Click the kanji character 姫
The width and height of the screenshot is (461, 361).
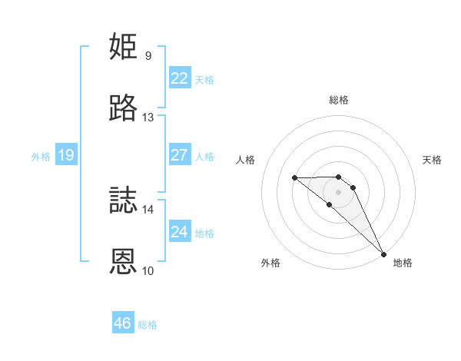[x=124, y=46]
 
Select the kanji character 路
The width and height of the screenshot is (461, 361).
[x=124, y=108]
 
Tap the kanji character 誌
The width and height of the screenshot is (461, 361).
[x=124, y=200]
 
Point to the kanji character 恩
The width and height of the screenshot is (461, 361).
[x=124, y=261]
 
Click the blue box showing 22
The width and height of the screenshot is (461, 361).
[x=179, y=78]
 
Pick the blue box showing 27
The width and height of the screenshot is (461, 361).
[x=179, y=154]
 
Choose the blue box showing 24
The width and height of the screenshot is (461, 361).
[x=179, y=231]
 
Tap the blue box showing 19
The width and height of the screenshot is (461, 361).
[x=65, y=155]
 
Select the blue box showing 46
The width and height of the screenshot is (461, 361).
[x=123, y=323]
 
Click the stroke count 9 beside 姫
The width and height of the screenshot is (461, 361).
[x=148, y=55]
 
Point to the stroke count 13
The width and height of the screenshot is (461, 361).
[x=148, y=118]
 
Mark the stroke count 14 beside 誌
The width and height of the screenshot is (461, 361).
[x=148, y=209]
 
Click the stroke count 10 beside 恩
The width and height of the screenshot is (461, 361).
[x=148, y=270]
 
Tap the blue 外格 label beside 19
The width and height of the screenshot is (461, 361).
[x=41, y=157]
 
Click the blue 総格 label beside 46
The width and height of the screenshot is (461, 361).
[x=148, y=325]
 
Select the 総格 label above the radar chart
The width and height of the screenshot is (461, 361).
[x=339, y=100]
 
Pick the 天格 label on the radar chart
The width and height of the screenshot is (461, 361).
[x=433, y=160]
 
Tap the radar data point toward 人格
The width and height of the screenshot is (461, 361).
[x=295, y=178]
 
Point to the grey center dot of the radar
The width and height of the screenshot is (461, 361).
[x=339, y=191]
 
